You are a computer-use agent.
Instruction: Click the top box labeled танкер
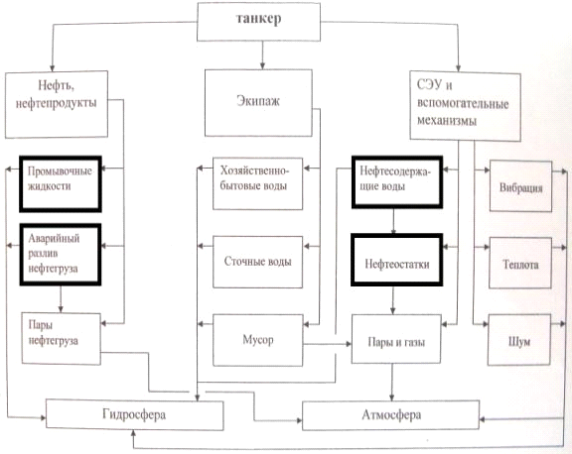click(x=258, y=22)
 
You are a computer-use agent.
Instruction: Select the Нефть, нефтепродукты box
click(x=57, y=104)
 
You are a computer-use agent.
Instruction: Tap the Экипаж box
click(x=258, y=103)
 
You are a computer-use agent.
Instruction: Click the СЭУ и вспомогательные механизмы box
click(x=465, y=106)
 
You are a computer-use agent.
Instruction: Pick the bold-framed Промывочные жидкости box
click(x=61, y=183)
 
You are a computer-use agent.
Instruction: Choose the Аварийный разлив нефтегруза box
click(x=61, y=255)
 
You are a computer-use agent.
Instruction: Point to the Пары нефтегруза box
click(x=61, y=339)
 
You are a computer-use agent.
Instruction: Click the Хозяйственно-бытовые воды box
click(x=257, y=183)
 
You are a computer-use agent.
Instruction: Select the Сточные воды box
click(x=257, y=262)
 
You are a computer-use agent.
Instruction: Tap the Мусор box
click(x=258, y=340)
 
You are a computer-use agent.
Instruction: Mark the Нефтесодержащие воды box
click(x=397, y=182)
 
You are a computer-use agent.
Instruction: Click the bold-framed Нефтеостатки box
click(x=397, y=260)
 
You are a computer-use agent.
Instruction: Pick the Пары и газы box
click(x=396, y=339)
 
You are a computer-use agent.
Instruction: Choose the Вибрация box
click(x=520, y=185)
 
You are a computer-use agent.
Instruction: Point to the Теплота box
click(x=520, y=263)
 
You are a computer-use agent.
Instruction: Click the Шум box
click(x=519, y=340)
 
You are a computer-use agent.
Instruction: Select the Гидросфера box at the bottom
click(x=134, y=414)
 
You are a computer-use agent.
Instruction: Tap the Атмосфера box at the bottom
click(x=390, y=414)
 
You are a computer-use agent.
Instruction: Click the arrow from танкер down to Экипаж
click(x=262, y=55)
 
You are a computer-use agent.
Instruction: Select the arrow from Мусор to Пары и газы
click(x=328, y=343)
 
